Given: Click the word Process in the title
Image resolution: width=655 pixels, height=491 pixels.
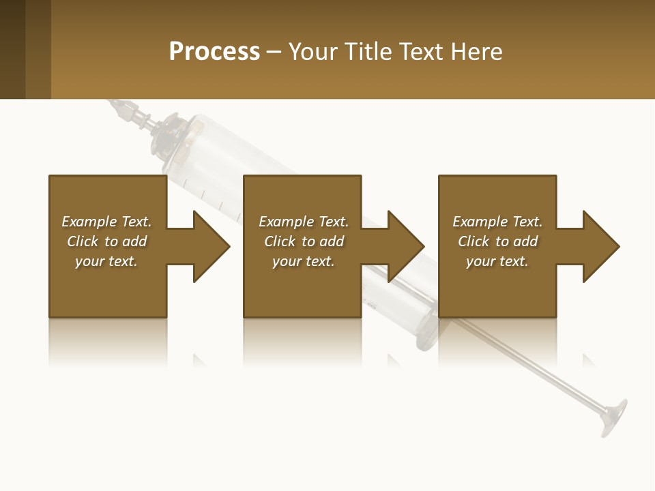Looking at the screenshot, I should (x=214, y=52).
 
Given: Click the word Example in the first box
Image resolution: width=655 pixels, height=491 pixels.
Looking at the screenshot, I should (x=89, y=222).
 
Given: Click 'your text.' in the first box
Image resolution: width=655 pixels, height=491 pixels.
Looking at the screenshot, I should (x=106, y=261).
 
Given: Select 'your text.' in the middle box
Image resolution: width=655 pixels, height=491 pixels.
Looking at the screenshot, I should (x=304, y=261).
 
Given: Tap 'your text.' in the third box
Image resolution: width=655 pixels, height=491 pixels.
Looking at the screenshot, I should (x=497, y=261).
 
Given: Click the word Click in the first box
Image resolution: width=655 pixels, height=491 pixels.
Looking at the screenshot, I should (x=83, y=241).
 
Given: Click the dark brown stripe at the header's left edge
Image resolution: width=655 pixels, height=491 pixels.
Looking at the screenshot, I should (x=12, y=49).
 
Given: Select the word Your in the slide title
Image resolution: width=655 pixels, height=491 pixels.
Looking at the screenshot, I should (x=313, y=52).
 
